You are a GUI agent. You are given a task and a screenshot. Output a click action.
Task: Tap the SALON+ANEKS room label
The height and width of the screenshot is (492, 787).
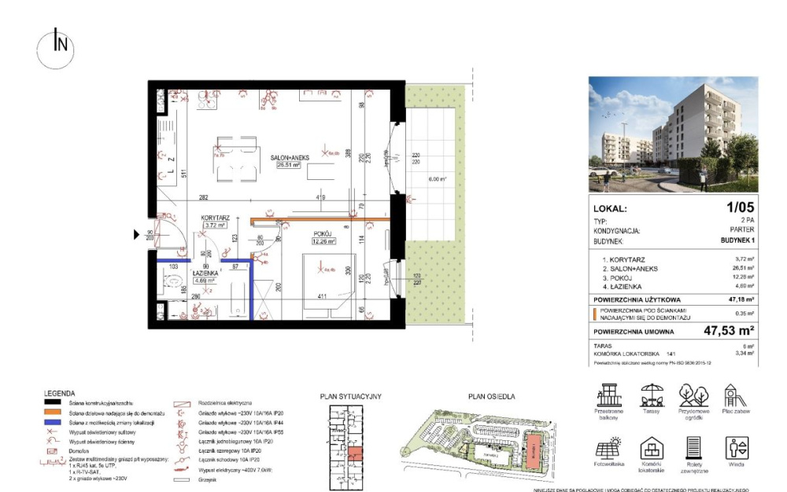[290, 158]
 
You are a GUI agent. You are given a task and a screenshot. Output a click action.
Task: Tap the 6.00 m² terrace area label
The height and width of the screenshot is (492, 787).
[437, 179]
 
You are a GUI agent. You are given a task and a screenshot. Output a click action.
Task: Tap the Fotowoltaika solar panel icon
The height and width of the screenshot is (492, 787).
[608, 450]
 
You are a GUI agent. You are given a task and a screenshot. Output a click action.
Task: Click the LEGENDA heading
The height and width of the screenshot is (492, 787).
[61, 393]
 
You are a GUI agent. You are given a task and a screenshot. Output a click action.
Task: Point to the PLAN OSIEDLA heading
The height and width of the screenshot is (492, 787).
[491, 397]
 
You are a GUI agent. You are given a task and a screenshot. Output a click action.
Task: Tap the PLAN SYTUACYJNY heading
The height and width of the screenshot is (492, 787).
[350, 397]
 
